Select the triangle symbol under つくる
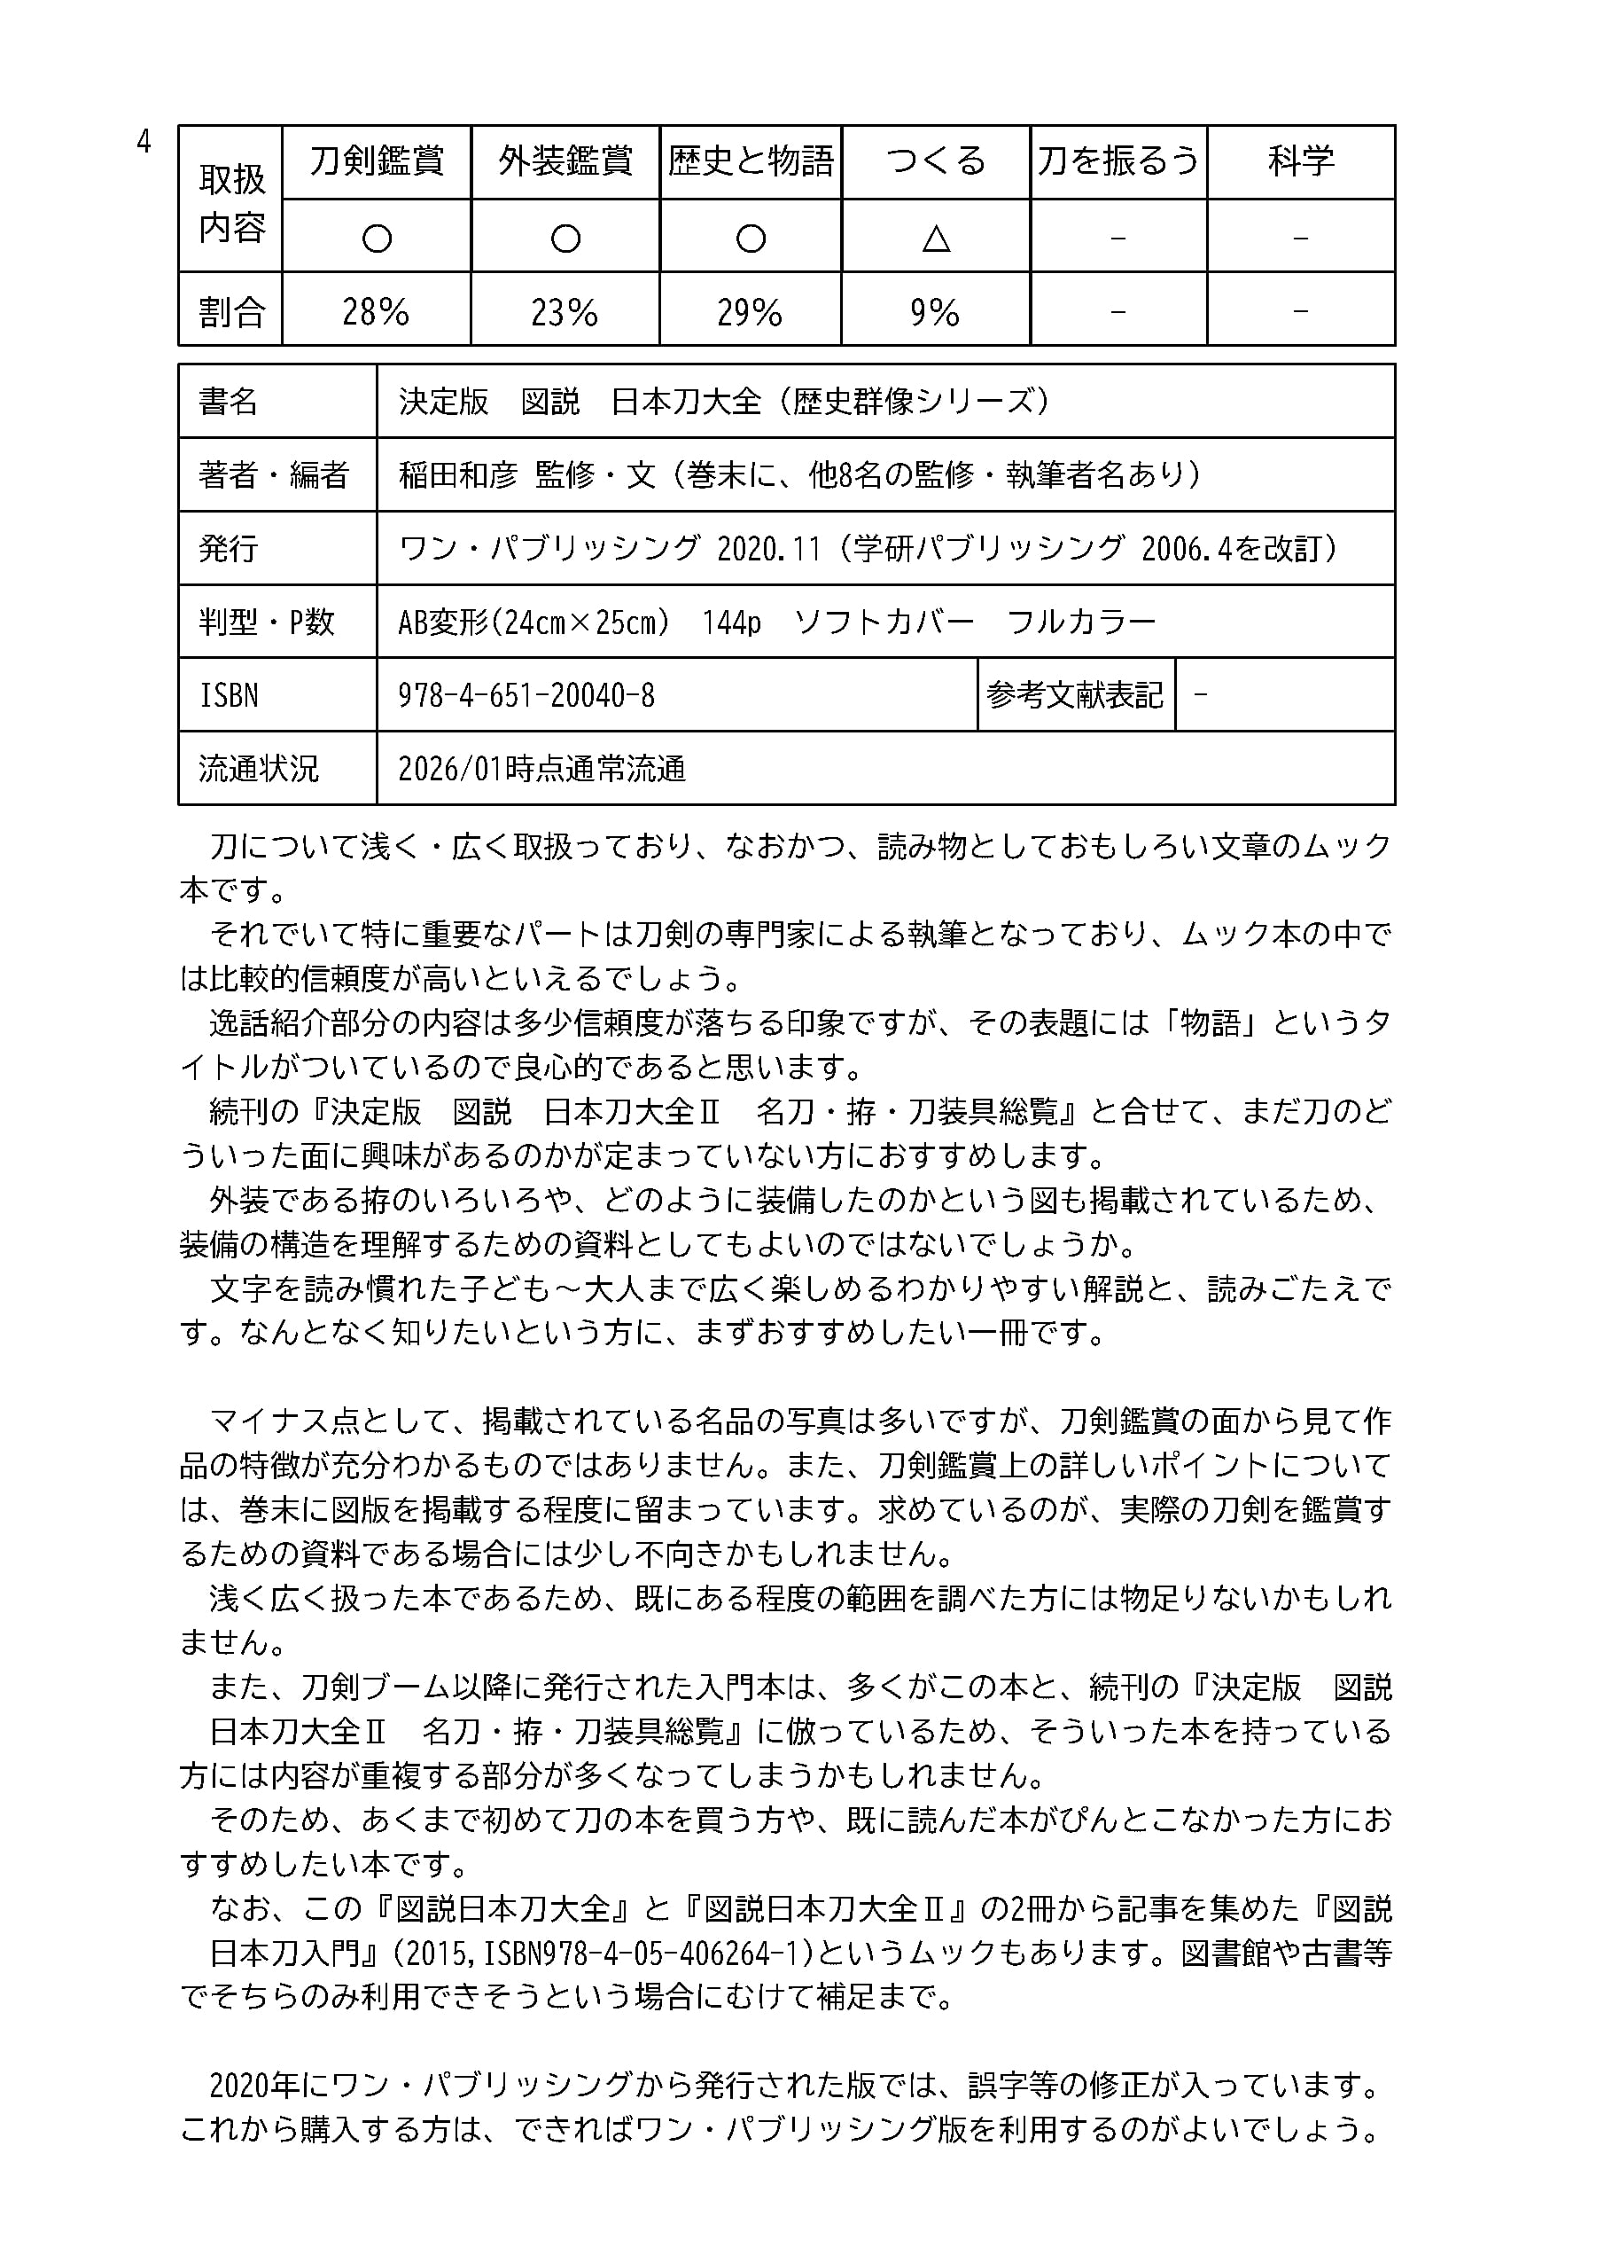tap(936, 239)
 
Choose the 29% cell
tap(750, 313)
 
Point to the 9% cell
tap(935, 313)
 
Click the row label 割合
tap(231, 313)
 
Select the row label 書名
tap(229, 401)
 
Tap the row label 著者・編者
tap(273, 474)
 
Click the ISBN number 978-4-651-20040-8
tap(526, 695)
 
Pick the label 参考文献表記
tap(1075, 695)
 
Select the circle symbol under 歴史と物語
tap(751, 239)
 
